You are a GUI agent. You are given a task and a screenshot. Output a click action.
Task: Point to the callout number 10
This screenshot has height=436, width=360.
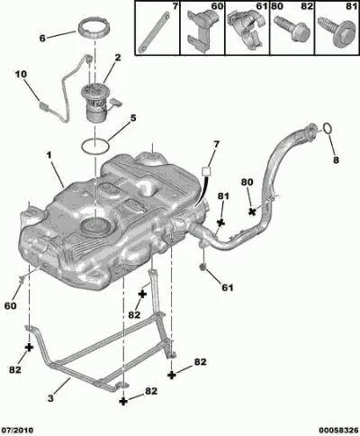[x=21, y=74]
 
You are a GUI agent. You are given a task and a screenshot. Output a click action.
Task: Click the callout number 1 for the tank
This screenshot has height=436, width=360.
[x=49, y=155]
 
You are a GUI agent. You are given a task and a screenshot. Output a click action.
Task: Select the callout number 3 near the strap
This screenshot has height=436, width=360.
[x=50, y=398]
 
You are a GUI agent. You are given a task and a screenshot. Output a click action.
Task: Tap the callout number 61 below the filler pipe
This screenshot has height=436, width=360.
[x=228, y=287]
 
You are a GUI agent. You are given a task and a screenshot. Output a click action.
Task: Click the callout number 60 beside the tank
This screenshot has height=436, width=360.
[x=10, y=306]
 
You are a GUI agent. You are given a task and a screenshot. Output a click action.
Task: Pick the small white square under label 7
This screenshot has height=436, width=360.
[x=206, y=171]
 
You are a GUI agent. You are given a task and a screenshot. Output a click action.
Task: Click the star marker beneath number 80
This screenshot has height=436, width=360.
[x=252, y=212]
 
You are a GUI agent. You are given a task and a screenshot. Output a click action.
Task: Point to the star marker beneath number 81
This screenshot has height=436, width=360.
[x=220, y=223]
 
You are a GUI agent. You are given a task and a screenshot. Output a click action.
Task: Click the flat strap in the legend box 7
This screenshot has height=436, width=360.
[x=154, y=31]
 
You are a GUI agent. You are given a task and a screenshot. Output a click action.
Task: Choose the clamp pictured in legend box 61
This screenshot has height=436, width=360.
[x=246, y=29]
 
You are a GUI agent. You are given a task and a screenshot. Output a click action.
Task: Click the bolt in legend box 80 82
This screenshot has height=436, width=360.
[x=292, y=29]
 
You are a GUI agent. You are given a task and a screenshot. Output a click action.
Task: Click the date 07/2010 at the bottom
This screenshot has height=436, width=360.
[x=19, y=430]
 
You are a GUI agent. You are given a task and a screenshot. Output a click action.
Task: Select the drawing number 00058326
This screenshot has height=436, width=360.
[x=338, y=430]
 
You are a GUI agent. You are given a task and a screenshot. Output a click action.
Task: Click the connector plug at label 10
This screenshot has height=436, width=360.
[x=44, y=105]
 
